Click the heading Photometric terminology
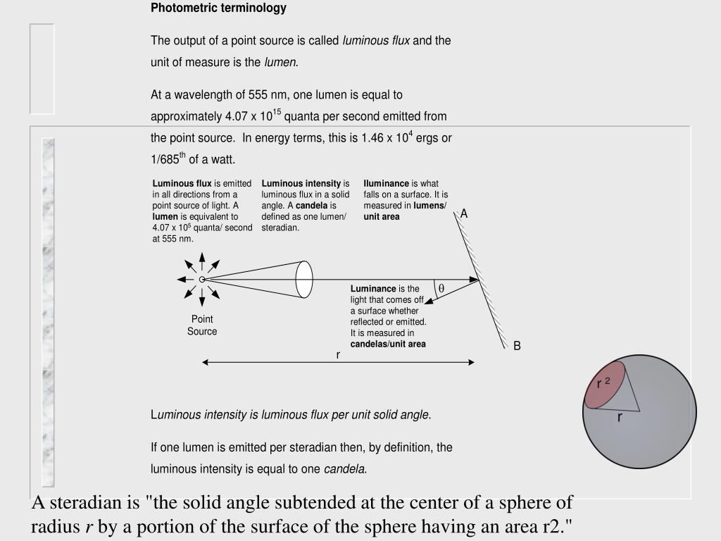coord(218,8)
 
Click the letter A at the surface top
coord(464,213)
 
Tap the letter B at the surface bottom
coord(517,346)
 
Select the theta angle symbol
coord(441,289)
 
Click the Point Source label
coord(202,325)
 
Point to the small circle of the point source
coord(202,280)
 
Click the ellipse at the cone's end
coord(303,280)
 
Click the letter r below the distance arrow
coord(338,354)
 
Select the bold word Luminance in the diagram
coord(373,289)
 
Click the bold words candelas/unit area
coord(388,344)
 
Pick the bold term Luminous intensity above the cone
coord(301,184)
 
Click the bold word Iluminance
coord(387,184)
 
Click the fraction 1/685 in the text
coord(165,159)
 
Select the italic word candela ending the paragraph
coord(344,468)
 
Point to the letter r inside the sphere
coord(620,417)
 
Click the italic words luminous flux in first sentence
coord(376,40)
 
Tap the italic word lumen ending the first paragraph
coord(280,62)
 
